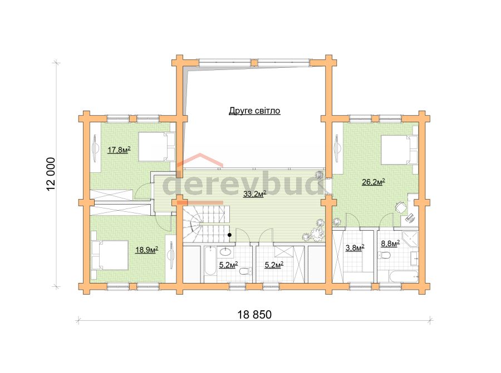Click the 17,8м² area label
[x=119, y=150]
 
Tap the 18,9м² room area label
[x=147, y=250]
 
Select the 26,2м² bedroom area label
[x=373, y=182]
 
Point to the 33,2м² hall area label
[x=254, y=193]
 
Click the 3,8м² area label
[x=355, y=247]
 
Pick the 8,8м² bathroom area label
[x=390, y=244]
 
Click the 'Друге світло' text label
[x=254, y=111]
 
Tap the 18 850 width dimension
[x=254, y=315]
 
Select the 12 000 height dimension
[x=51, y=174]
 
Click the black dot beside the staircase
[x=229, y=235]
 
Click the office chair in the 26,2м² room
[x=399, y=207]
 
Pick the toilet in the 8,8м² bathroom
[x=384, y=255]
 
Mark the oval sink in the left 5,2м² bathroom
[x=227, y=252]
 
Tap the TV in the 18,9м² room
[x=171, y=253]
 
